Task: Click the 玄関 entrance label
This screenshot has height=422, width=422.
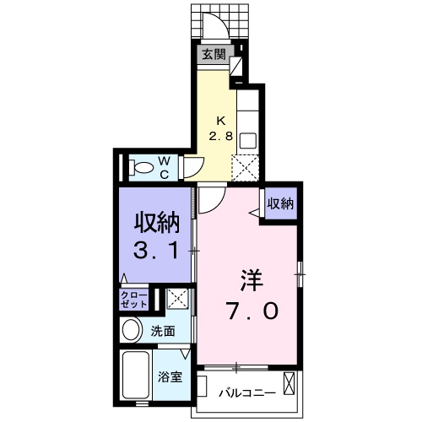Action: pyautogui.click(x=214, y=56)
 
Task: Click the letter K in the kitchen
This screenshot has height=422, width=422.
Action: pyautogui.click(x=221, y=120)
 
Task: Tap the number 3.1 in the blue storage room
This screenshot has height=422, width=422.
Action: pyautogui.click(x=158, y=251)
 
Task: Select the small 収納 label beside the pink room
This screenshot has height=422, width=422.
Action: pyautogui.click(x=281, y=203)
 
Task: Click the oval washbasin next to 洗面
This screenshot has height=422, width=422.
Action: pyautogui.click(x=131, y=331)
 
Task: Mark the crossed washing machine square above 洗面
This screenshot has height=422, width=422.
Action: pyautogui.click(x=177, y=299)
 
